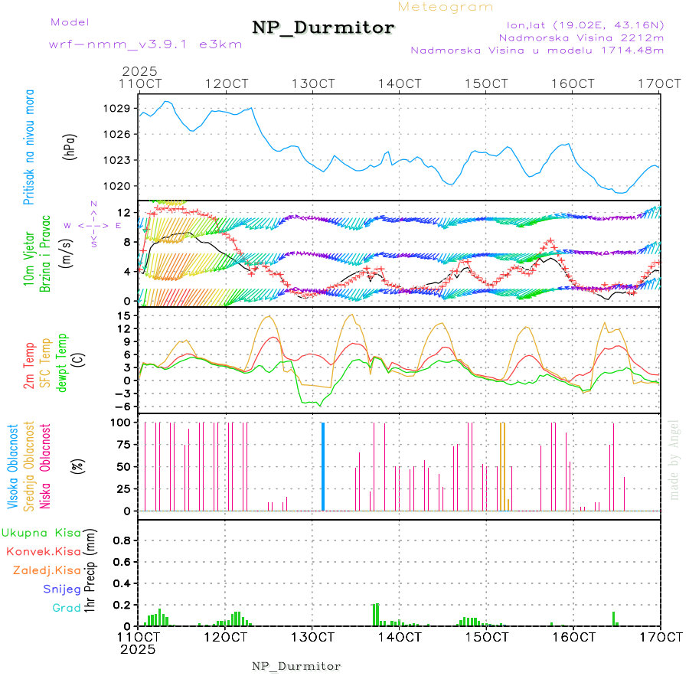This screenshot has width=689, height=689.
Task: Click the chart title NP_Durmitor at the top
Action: pos(323,28)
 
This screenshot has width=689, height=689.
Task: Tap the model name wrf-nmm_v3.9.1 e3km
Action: pos(145,44)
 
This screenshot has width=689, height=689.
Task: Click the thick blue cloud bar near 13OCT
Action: pos(323,466)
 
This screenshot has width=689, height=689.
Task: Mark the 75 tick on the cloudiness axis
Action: pos(123,444)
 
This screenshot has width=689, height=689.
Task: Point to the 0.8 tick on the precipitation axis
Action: pos(120,540)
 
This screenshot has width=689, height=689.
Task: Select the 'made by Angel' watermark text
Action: pos(674,459)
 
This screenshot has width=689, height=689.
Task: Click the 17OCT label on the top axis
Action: pos(660,83)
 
